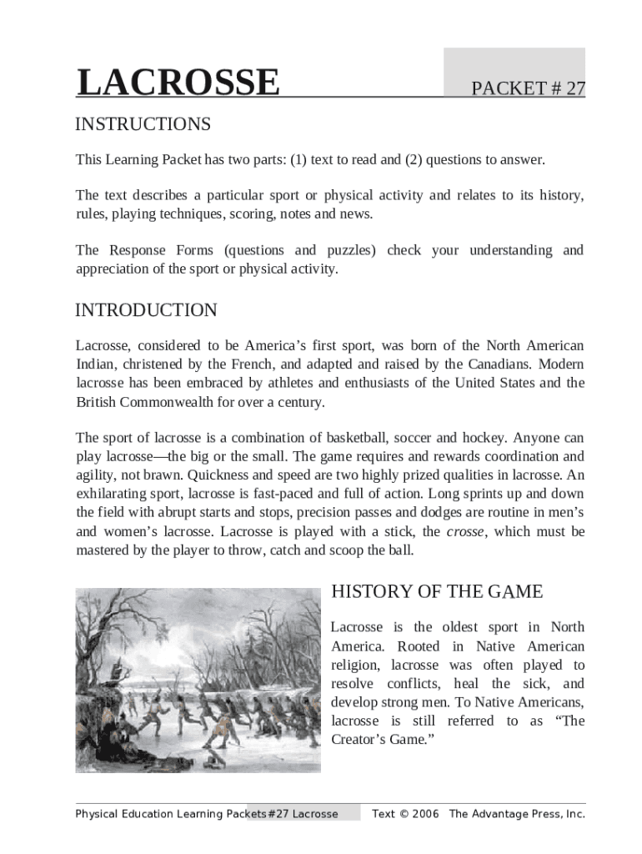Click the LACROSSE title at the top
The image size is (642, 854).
pyautogui.click(x=178, y=83)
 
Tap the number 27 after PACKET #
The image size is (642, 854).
pyautogui.click(x=574, y=89)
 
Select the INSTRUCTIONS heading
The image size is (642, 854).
pyautogui.click(x=143, y=124)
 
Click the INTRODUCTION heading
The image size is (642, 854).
pyautogui.click(x=146, y=310)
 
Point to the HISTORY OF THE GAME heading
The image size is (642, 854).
pyautogui.click(x=437, y=592)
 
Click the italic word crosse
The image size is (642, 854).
pyautogui.click(x=465, y=531)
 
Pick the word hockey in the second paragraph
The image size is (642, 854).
pyautogui.click(x=482, y=438)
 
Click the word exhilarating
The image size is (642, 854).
pyautogui.click(x=112, y=494)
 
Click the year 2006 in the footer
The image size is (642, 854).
pyautogui.click(x=424, y=814)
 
